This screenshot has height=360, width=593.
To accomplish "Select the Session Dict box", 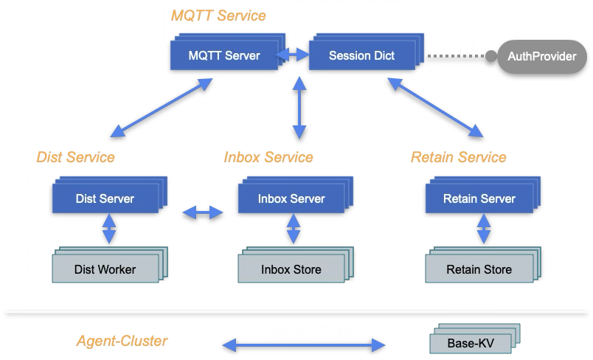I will pos(361,55).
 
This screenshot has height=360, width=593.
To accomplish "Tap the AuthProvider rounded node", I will pos(542,56).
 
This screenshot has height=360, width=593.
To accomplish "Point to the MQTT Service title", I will pos(218,15).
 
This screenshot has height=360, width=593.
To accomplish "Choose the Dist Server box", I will pos(105,198).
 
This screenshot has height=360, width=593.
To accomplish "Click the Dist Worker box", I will pos(105,269).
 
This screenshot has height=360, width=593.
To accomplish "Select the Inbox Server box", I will pos(291,198).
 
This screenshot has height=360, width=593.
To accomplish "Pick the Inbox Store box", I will pos(291,269).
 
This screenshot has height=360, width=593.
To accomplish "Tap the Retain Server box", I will pos(479,198).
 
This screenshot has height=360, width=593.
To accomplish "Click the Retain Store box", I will pos(479,269).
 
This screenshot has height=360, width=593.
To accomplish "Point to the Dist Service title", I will pos(76,157).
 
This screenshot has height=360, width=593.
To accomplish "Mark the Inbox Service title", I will pos(268,157).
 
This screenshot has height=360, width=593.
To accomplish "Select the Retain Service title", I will pos(459,157).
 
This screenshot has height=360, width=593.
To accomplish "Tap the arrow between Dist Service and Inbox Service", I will pos(203,212).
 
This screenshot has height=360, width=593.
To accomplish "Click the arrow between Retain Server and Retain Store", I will pos(483,229).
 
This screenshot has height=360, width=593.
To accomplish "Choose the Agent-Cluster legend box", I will pos(117,341).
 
